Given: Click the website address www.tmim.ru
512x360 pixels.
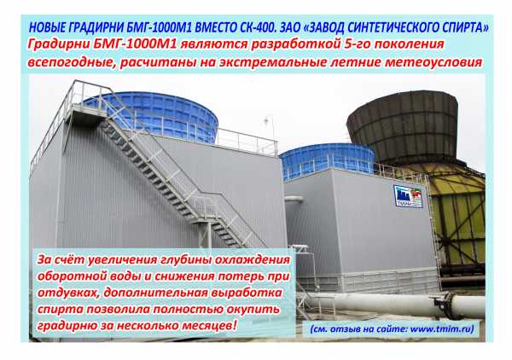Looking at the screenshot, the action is [x=441, y=329].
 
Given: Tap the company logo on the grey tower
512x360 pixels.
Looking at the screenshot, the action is [x=408, y=196].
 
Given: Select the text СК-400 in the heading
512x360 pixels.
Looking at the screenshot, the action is [x=253, y=28].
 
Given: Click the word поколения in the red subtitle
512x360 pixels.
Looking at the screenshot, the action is [x=409, y=44].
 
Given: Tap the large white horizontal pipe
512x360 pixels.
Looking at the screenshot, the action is [x=392, y=304].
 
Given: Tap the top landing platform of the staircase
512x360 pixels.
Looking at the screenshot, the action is [x=85, y=115].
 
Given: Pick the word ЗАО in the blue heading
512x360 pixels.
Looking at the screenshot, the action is [x=289, y=28].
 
